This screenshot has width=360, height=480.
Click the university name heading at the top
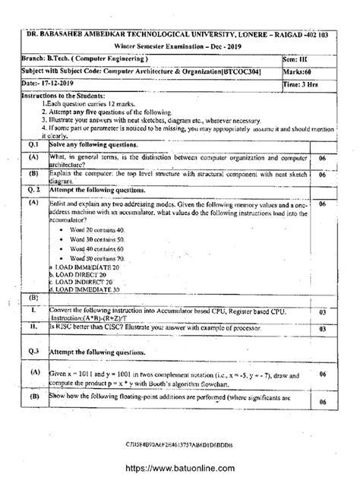pos(181,36)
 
